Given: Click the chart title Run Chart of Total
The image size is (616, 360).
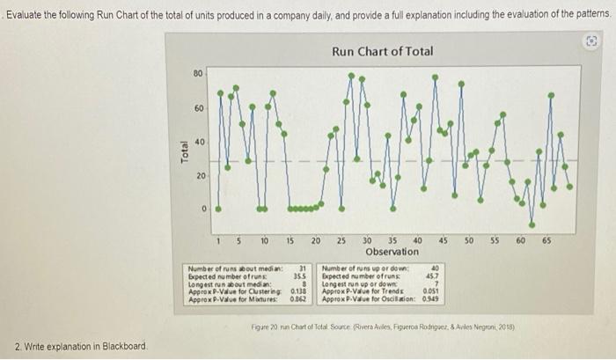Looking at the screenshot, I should (382, 51).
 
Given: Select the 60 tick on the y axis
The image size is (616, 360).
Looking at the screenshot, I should (199, 108).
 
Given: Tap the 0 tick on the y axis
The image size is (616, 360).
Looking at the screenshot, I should (202, 209).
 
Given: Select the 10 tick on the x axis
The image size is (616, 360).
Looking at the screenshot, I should (264, 239).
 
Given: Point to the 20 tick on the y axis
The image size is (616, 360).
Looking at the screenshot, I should (199, 176).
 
